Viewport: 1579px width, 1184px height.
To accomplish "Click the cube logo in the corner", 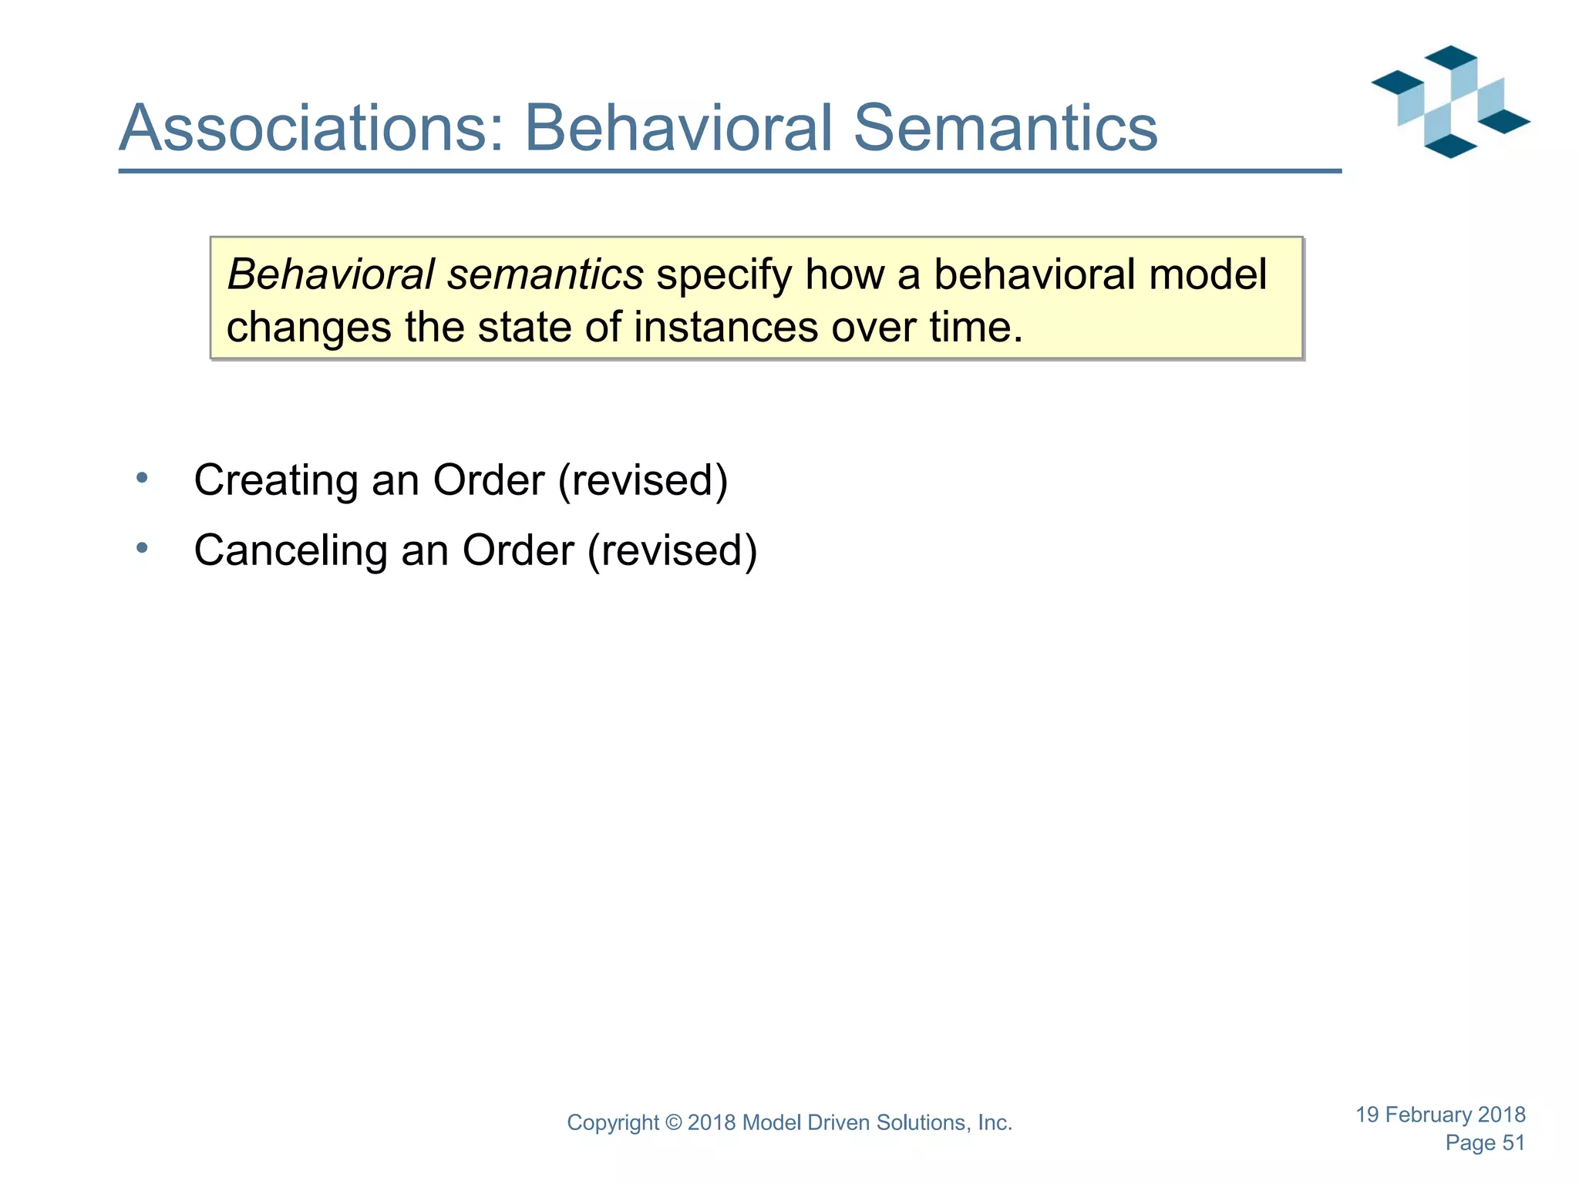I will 1450,102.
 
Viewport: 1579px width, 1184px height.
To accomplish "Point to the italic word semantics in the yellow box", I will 545,275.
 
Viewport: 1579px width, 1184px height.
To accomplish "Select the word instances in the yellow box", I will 726,328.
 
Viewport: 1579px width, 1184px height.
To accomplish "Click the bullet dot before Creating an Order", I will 142,479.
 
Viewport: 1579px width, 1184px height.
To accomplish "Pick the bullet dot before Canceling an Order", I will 142,548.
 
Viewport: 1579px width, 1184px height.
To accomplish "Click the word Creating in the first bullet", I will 276,480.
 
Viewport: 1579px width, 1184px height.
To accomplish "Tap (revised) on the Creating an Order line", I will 643,480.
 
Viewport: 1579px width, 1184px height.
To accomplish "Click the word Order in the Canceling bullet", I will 518,550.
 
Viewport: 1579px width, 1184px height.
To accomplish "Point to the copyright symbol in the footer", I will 673,1123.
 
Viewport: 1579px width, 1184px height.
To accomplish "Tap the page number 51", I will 1513,1142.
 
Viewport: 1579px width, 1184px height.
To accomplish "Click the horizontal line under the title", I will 729,171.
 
